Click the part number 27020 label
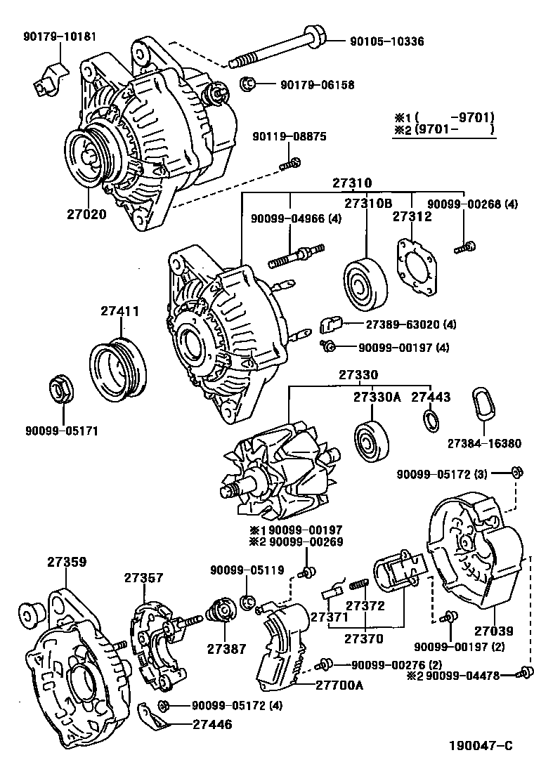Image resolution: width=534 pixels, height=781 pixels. pos(87,214)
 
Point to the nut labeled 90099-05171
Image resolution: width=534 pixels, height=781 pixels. pos(59,389)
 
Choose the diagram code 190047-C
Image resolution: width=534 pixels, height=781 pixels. pos(481,762)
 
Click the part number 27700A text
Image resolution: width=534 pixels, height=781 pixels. pos(339,685)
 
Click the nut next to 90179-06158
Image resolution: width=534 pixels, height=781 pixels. pos(247,84)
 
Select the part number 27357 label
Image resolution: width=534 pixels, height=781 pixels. pos(143,577)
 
